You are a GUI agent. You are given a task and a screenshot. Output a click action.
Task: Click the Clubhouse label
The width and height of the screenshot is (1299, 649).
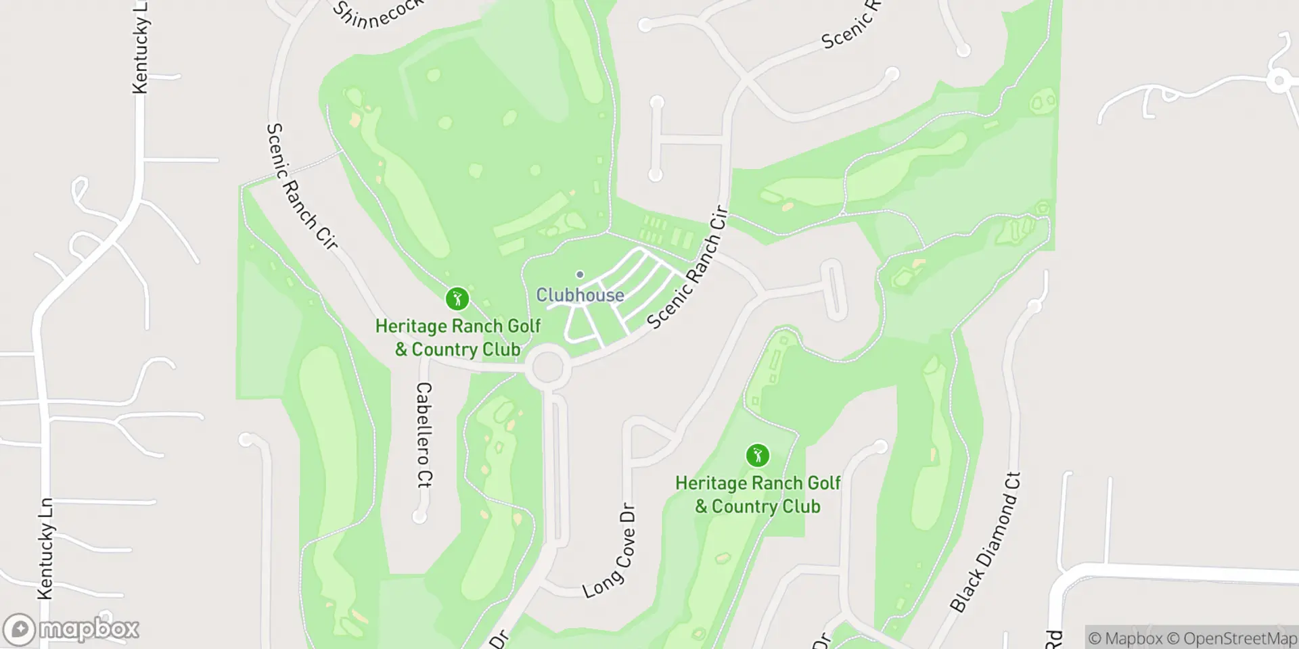(580, 295)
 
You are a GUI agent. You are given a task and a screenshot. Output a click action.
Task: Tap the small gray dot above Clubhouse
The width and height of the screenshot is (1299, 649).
(580, 274)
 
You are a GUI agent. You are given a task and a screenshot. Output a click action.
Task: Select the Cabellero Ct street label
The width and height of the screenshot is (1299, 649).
(424, 435)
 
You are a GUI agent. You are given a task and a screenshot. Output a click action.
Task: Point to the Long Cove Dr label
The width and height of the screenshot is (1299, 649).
(610, 551)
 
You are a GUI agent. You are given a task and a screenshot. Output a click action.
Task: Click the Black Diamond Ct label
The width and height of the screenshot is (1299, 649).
(985, 542)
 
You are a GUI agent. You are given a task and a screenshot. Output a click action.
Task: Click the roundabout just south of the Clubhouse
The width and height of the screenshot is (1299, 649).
(548, 367)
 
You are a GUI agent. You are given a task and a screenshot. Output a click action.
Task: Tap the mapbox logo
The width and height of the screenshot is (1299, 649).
(71, 629)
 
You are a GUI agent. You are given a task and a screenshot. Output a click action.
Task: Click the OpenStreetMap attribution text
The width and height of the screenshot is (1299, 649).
(1239, 638)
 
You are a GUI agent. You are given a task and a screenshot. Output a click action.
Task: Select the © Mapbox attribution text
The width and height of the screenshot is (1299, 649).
(1125, 638)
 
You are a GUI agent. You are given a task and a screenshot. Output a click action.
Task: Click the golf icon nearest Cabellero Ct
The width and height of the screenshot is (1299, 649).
(457, 298)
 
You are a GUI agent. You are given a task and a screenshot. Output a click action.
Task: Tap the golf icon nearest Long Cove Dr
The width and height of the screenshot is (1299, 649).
(757, 456)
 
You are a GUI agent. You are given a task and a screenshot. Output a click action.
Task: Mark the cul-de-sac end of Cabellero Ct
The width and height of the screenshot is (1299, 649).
(419, 516)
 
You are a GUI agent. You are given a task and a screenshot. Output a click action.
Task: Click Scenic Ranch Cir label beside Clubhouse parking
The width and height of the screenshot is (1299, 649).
(687, 268)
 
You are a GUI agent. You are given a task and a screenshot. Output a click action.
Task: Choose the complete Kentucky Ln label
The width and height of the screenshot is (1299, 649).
(46, 548)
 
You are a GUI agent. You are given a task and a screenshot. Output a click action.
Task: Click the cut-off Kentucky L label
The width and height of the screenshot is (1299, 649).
(140, 46)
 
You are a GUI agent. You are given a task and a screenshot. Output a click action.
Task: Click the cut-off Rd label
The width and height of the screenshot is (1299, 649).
(1053, 639)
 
